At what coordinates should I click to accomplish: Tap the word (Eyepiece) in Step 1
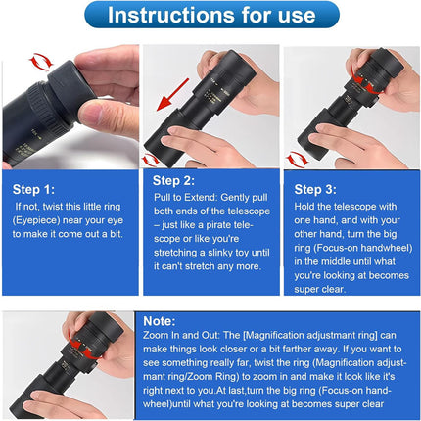[36, 221]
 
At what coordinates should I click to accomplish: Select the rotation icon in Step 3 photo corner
[297, 158]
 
